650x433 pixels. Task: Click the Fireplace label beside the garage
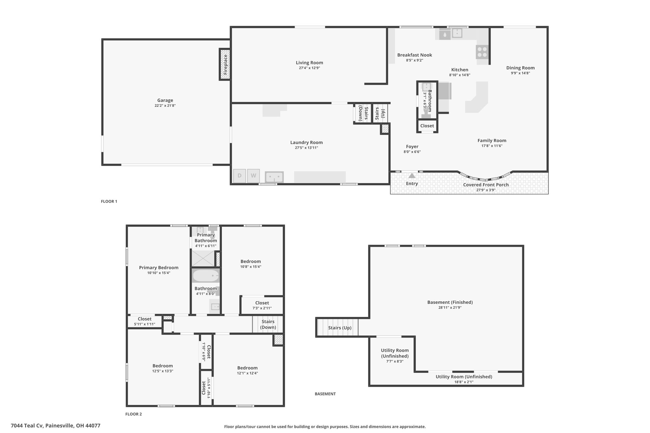(225, 64)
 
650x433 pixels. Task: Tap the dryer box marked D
(240, 176)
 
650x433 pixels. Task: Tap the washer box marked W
(254, 176)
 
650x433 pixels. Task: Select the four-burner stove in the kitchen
(482, 52)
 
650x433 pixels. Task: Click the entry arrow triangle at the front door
(412, 175)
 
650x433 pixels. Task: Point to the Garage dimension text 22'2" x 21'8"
(165, 106)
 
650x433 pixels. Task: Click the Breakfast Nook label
(415, 55)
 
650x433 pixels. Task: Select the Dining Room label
(520, 68)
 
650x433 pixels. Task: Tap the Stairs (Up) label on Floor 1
(380, 113)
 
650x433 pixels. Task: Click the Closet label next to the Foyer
(427, 126)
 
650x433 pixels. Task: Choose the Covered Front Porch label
(486, 185)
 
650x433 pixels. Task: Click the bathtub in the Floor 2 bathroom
(206, 276)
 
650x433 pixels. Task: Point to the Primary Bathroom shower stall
(203, 258)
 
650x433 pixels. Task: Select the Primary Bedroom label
(159, 267)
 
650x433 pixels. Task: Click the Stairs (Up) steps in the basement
(338, 327)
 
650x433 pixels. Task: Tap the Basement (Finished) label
(450, 302)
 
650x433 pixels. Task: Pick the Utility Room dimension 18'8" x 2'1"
(463, 382)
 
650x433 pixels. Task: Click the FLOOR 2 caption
(134, 414)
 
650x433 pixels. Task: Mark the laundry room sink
(274, 177)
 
